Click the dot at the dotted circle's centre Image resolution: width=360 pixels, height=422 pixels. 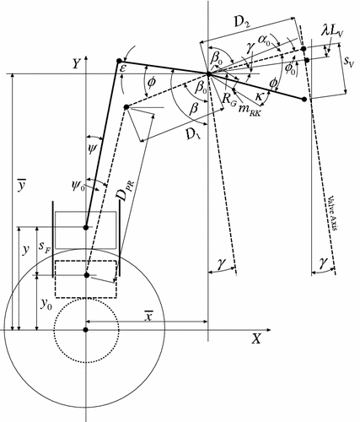85,329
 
